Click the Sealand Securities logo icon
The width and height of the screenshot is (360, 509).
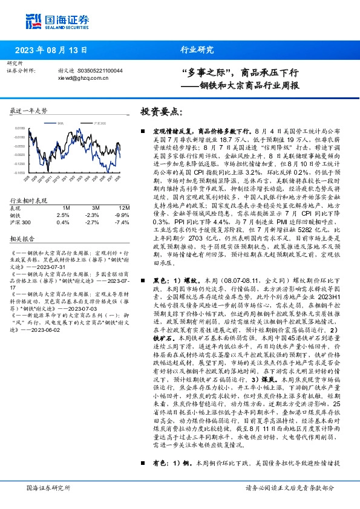(x=33, y=20)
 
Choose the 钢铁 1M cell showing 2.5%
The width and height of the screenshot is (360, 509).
(x=63, y=215)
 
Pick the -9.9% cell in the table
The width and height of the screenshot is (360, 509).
(x=122, y=215)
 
